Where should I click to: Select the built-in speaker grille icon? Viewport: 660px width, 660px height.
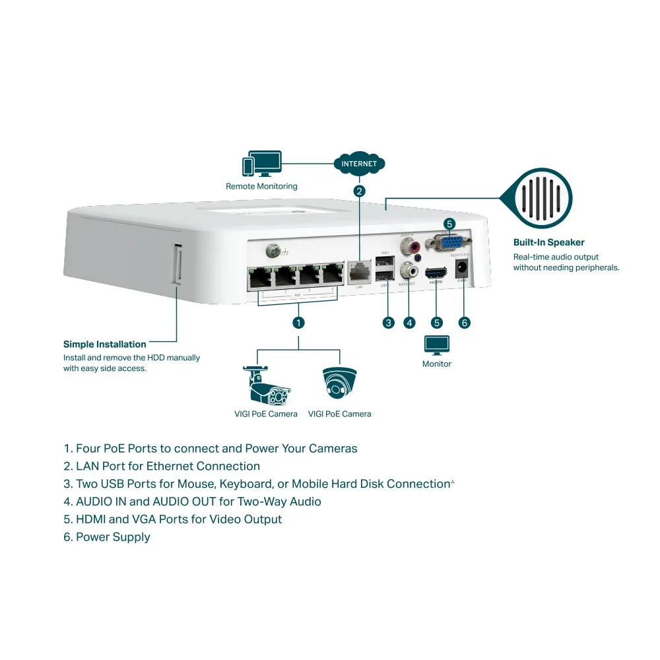536,197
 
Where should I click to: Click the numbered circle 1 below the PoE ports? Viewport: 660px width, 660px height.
298,322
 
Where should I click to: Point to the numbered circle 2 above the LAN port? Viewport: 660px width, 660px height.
359,191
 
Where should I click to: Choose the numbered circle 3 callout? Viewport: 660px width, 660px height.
389,322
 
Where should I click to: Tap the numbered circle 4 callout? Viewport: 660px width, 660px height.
410,322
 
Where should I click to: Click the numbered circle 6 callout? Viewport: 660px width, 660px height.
464,322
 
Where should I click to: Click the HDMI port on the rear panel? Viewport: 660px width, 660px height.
436,272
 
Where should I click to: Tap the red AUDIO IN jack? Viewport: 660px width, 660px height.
415,247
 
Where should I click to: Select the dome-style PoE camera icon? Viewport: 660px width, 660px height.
339,383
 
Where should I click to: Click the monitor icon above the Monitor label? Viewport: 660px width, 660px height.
436,345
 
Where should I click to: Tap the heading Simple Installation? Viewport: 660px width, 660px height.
104,344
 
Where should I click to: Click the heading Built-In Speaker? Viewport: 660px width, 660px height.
548,242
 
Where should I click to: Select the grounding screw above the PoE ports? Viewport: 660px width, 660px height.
271,251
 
